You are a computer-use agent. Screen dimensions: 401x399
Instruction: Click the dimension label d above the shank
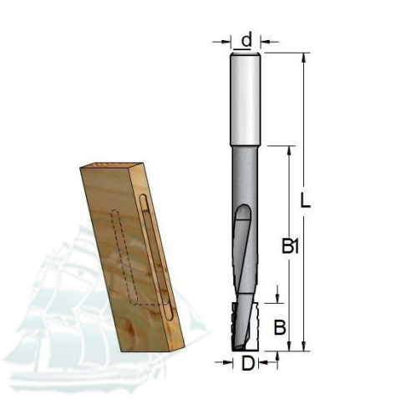click(246, 40)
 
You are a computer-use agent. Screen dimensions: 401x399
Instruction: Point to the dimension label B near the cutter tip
click(280, 327)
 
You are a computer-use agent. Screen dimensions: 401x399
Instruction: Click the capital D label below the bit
click(248, 363)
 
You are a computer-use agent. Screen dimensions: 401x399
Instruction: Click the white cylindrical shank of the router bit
click(246, 98)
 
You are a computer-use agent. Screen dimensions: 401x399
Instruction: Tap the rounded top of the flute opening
click(243, 210)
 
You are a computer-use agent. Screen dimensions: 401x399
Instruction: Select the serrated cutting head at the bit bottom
click(245, 326)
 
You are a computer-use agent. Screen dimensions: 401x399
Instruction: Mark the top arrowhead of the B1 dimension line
click(289, 150)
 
